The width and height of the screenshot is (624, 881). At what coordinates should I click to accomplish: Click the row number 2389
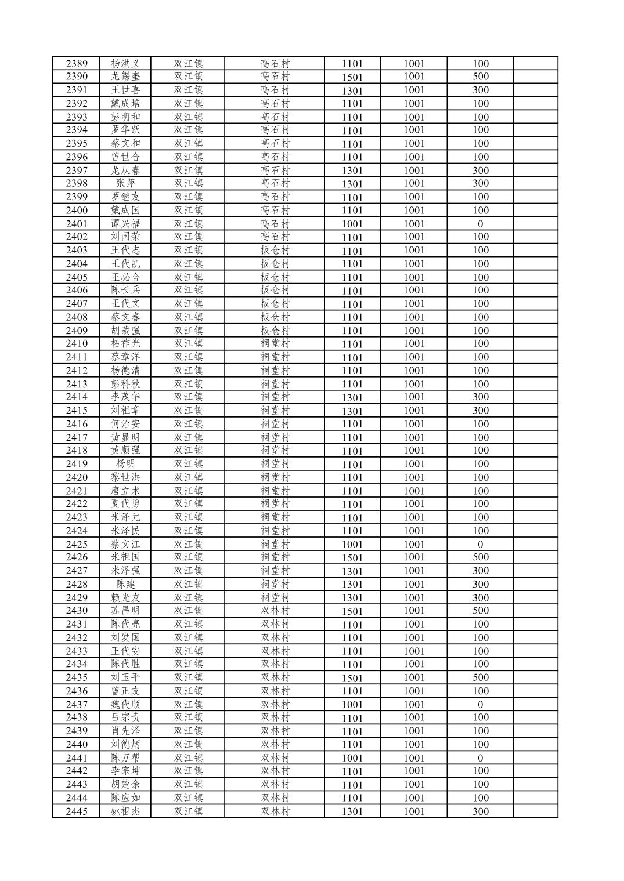(77, 64)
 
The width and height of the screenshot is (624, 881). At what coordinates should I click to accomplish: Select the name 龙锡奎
(125, 77)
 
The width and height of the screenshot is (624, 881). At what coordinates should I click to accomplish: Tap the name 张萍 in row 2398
(125, 183)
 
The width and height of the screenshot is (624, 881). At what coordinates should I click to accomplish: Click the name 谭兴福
(125, 224)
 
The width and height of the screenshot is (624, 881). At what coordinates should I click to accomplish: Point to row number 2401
(77, 224)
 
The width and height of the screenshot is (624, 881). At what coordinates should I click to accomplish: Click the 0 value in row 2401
(480, 224)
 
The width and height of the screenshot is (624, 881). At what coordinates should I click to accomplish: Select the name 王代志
(125, 251)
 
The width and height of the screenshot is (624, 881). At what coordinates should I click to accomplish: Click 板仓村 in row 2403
(275, 251)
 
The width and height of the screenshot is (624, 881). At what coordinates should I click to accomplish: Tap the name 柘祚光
(125, 343)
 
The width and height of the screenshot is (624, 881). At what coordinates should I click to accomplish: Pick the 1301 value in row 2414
(352, 397)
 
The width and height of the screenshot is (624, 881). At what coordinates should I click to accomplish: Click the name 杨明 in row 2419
(125, 464)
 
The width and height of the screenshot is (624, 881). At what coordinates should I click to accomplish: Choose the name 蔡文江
(125, 544)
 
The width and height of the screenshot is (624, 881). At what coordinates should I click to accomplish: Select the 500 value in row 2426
(480, 557)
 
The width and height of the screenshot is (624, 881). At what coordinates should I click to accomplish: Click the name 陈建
(125, 584)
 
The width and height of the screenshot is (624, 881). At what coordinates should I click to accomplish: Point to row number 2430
(77, 611)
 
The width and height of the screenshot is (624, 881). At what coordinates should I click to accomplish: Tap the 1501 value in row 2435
(352, 678)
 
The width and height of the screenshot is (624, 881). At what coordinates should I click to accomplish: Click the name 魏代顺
(125, 705)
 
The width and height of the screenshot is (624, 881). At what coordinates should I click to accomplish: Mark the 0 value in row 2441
(480, 758)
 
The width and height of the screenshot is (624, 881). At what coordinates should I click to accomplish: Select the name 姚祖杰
(125, 811)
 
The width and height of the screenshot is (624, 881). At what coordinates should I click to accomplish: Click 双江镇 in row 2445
(188, 811)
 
